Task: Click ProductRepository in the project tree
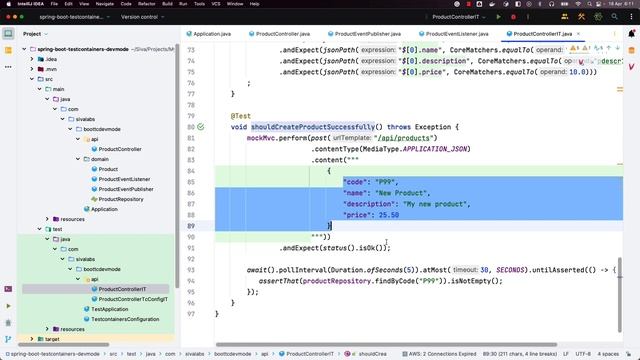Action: click(x=120, y=199)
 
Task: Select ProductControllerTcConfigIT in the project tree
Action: click(x=133, y=298)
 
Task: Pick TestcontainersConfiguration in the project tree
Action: click(x=125, y=318)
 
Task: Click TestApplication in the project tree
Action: click(x=110, y=308)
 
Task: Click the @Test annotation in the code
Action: click(x=241, y=116)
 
